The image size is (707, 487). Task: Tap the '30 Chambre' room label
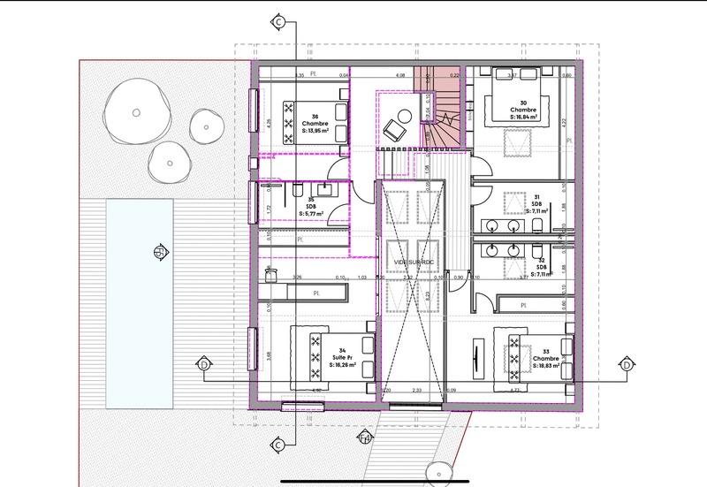coord(526,110)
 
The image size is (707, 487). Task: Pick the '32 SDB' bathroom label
coord(538,266)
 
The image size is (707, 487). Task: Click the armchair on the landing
coord(392,130)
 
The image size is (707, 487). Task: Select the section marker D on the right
coord(626,364)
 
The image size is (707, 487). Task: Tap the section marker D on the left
coord(204,364)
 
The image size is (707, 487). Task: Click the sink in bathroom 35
coord(326,187)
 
